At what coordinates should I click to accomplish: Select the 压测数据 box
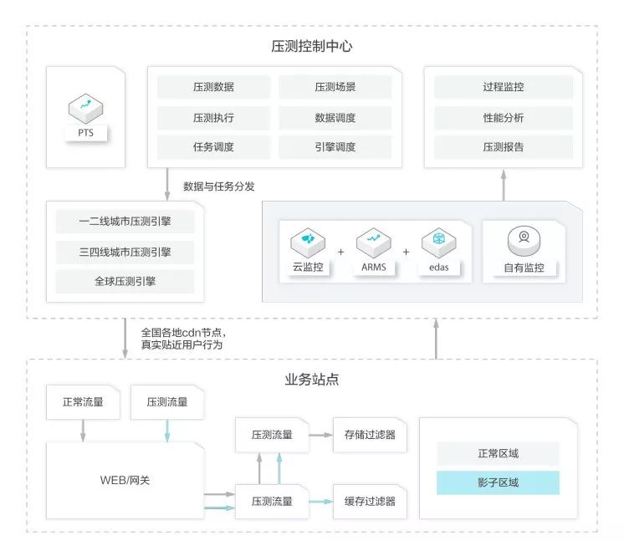[x=213, y=87]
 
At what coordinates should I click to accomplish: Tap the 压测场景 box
[x=335, y=87]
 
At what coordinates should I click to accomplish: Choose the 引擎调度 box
[x=335, y=147]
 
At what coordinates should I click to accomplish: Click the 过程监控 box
[x=504, y=87]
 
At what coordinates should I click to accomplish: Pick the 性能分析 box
[x=504, y=117]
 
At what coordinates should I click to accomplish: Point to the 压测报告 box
[x=504, y=147]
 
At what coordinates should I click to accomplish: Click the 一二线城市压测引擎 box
[x=125, y=222]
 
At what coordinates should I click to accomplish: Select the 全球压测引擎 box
[x=125, y=281]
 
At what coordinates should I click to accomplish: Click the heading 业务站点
[x=311, y=380]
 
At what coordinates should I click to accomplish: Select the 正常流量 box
[x=83, y=402]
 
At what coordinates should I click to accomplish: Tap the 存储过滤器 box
[x=370, y=435]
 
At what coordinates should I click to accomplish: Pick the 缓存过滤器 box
[x=370, y=501]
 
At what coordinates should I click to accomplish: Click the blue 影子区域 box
[x=498, y=482]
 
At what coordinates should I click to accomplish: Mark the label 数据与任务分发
[x=219, y=186]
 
